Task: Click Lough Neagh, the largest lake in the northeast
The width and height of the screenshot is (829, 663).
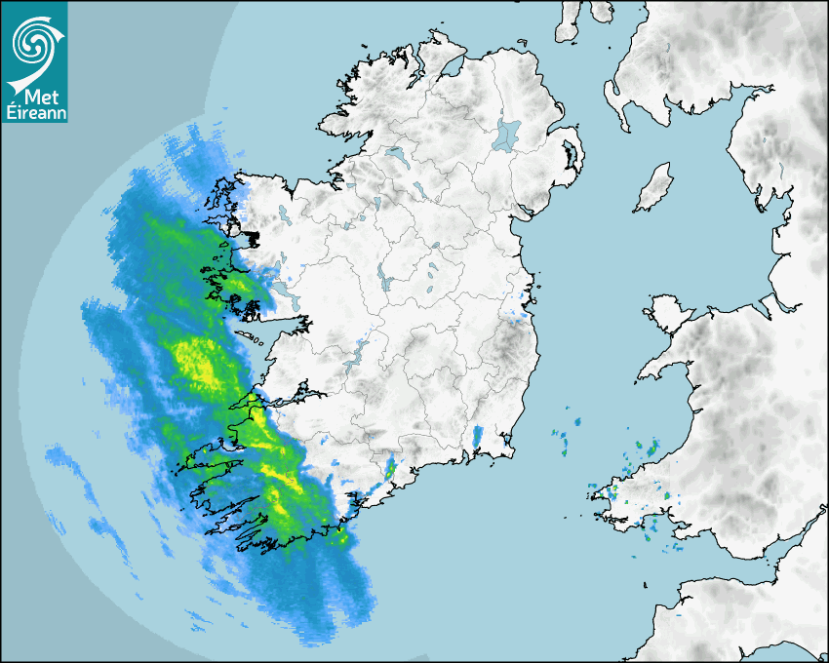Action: pyautogui.click(x=507, y=134)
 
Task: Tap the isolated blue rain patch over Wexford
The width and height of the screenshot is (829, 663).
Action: pyautogui.click(x=477, y=438)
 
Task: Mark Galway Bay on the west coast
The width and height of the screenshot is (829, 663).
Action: pyautogui.click(x=263, y=336)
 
